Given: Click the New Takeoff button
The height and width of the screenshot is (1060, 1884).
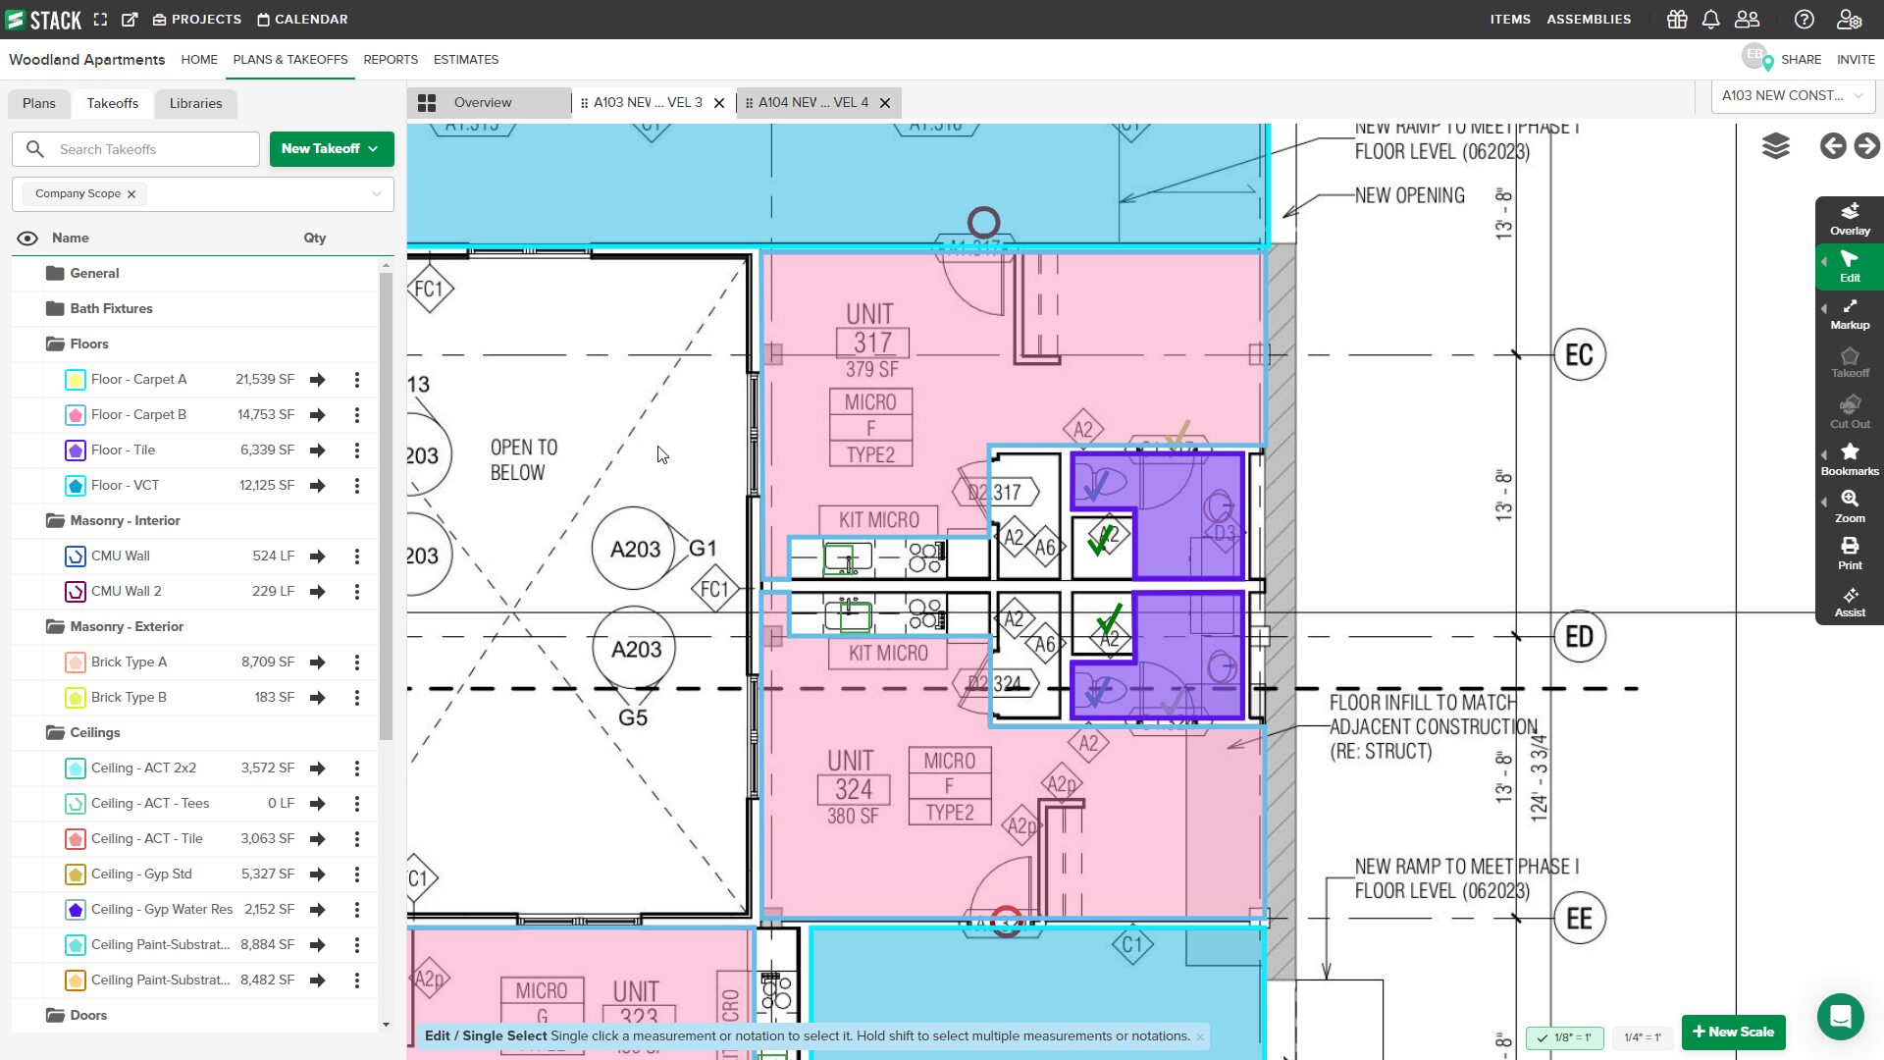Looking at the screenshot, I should tap(331, 149).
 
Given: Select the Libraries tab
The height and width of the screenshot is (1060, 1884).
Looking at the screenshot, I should tap(195, 103).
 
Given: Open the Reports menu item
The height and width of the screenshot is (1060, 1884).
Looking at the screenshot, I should tap(391, 60).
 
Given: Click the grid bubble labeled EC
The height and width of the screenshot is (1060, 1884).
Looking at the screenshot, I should tap(1579, 355).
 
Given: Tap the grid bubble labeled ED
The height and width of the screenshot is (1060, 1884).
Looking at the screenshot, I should tap(1579, 637).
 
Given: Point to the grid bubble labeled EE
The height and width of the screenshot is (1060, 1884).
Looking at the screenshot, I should tap(1579, 919).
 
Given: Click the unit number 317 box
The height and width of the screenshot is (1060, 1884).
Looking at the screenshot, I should tap(872, 343).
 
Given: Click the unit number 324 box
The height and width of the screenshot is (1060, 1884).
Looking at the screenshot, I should tap(853, 789).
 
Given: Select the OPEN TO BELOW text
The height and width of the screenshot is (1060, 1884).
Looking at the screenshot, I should tap(523, 460).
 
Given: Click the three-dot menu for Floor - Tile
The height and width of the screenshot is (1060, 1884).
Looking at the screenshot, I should tap(357, 450).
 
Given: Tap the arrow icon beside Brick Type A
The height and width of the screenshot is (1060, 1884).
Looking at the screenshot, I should tap(318, 662).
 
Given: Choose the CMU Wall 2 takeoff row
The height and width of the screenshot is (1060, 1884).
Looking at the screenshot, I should tap(127, 592).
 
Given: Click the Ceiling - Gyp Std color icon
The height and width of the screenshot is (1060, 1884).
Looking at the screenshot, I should tap(76, 874).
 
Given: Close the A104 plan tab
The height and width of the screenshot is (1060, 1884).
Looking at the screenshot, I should tap(885, 103).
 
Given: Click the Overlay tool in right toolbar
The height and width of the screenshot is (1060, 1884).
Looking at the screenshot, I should tap(1850, 219).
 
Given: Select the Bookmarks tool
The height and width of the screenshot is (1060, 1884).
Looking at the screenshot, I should tap(1850, 459).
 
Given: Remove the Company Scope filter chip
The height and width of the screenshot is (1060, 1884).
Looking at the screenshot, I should tap(131, 194).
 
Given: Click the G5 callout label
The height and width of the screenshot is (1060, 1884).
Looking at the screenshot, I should tap(633, 717).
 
